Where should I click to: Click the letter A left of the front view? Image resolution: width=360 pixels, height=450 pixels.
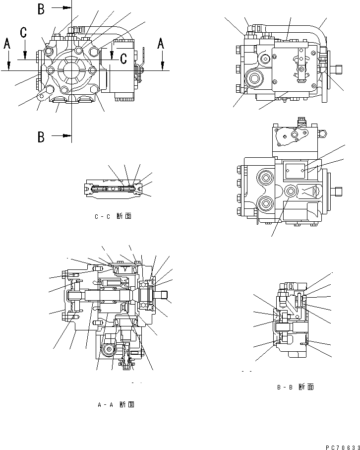click(x=7, y=44)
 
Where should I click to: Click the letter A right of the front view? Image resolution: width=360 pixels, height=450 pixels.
click(x=160, y=44)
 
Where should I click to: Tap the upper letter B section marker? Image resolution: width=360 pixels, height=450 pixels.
click(x=41, y=8)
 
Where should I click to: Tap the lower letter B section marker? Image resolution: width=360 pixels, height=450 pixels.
click(x=41, y=136)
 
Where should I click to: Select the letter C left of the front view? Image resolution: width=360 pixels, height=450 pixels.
click(x=23, y=33)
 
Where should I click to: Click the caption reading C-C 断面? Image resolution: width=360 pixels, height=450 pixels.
click(x=113, y=216)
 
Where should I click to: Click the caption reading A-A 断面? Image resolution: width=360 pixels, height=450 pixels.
click(x=116, y=404)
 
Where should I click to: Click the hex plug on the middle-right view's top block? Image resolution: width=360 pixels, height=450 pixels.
click(x=323, y=133)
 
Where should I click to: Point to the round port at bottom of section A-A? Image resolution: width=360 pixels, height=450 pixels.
click(x=106, y=351)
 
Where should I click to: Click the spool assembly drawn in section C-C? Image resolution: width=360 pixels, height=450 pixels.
click(x=115, y=189)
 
